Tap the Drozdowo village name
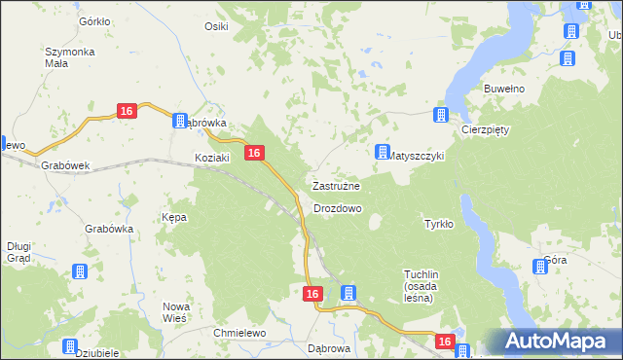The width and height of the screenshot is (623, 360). (x=338, y=208)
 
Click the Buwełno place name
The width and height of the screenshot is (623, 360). (x=504, y=89)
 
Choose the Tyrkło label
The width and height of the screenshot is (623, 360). (x=439, y=224)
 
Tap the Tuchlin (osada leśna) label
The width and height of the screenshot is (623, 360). (x=424, y=286)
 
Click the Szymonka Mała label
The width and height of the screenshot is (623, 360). (x=69, y=56)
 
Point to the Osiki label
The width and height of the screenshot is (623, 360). (x=216, y=26)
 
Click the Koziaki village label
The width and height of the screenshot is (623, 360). (x=211, y=158)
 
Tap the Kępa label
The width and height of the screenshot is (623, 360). (x=174, y=217)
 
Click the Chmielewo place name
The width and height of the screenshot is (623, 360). (x=240, y=333)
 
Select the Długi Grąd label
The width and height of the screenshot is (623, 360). (x=18, y=252)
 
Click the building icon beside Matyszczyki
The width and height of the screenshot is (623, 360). (x=382, y=153)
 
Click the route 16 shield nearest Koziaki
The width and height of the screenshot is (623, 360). (x=253, y=153)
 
